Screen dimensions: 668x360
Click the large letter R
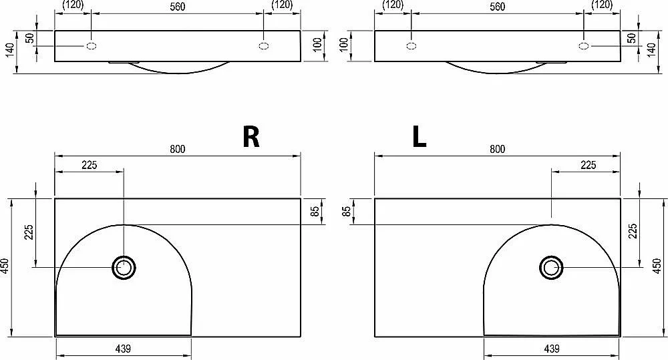251,137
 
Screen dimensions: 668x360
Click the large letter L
420,137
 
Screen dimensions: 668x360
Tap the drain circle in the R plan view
124,268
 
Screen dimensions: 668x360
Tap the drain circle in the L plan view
551,268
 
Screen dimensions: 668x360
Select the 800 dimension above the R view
178,149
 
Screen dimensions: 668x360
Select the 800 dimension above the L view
497,149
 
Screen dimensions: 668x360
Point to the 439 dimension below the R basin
123,349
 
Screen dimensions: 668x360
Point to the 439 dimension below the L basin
552,349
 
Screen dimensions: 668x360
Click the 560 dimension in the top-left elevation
178,7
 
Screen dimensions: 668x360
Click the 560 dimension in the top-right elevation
497,7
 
